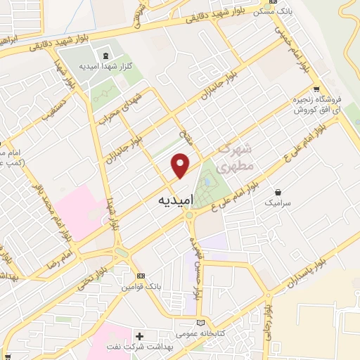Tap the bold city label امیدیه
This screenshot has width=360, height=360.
tap(172, 201)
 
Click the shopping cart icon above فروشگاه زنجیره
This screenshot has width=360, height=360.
tap(316, 89)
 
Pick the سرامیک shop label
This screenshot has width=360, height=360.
tap(277, 202)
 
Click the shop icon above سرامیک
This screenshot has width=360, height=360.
tap(278, 191)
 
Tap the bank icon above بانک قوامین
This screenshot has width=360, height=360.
tap(141, 275)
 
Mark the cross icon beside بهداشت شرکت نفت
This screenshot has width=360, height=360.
tap(139, 337)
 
